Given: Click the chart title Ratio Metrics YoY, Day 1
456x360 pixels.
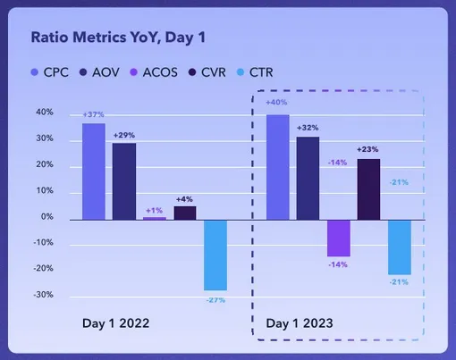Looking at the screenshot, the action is pyautogui.click(x=118, y=38).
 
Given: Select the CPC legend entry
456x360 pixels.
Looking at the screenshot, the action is pyautogui.click(x=50, y=72).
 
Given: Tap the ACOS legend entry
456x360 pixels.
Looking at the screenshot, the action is pyautogui.click(x=154, y=72).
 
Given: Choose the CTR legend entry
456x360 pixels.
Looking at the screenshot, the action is pyautogui.click(x=255, y=72).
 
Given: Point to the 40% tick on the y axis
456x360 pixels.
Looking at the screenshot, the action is pyautogui.click(x=45, y=113).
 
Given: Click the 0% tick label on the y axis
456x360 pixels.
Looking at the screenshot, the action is pyautogui.click(x=47, y=216).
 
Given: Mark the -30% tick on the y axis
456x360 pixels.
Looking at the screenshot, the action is pyautogui.click(x=44, y=295).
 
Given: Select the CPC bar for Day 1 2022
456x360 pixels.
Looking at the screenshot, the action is pyautogui.click(x=94, y=172).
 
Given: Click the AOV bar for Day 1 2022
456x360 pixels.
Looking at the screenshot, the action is pyautogui.click(x=124, y=181).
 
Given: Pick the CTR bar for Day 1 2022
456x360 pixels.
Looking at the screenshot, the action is pyautogui.click(x=215, y=255).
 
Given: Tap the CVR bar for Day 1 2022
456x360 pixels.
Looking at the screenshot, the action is pyautogui.click(x=185, y=213).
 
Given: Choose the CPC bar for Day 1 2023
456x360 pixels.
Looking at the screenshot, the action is pyautogui.click(x=278, y=167).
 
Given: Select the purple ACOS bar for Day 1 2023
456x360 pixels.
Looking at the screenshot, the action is pyautogui.click(x=339, y=239).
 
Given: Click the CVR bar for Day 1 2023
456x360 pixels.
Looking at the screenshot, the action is pyautogui.click(x=368, y=189).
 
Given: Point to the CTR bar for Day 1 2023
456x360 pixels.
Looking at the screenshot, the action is pyautogui.click(x=400, y=247).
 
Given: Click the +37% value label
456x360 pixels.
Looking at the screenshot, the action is pyautogui.click(x=93, y=114).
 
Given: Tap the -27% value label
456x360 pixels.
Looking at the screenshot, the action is pyautogui.click(x=215, y=300).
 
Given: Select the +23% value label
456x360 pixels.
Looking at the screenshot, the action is pyautogui.click(x=367, y=149).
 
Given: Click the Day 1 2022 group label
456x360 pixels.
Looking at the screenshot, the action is pyautogui.click(x=115, y=323).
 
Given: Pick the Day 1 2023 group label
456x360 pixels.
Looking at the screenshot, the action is pyautogui.click(x=300, y=323).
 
